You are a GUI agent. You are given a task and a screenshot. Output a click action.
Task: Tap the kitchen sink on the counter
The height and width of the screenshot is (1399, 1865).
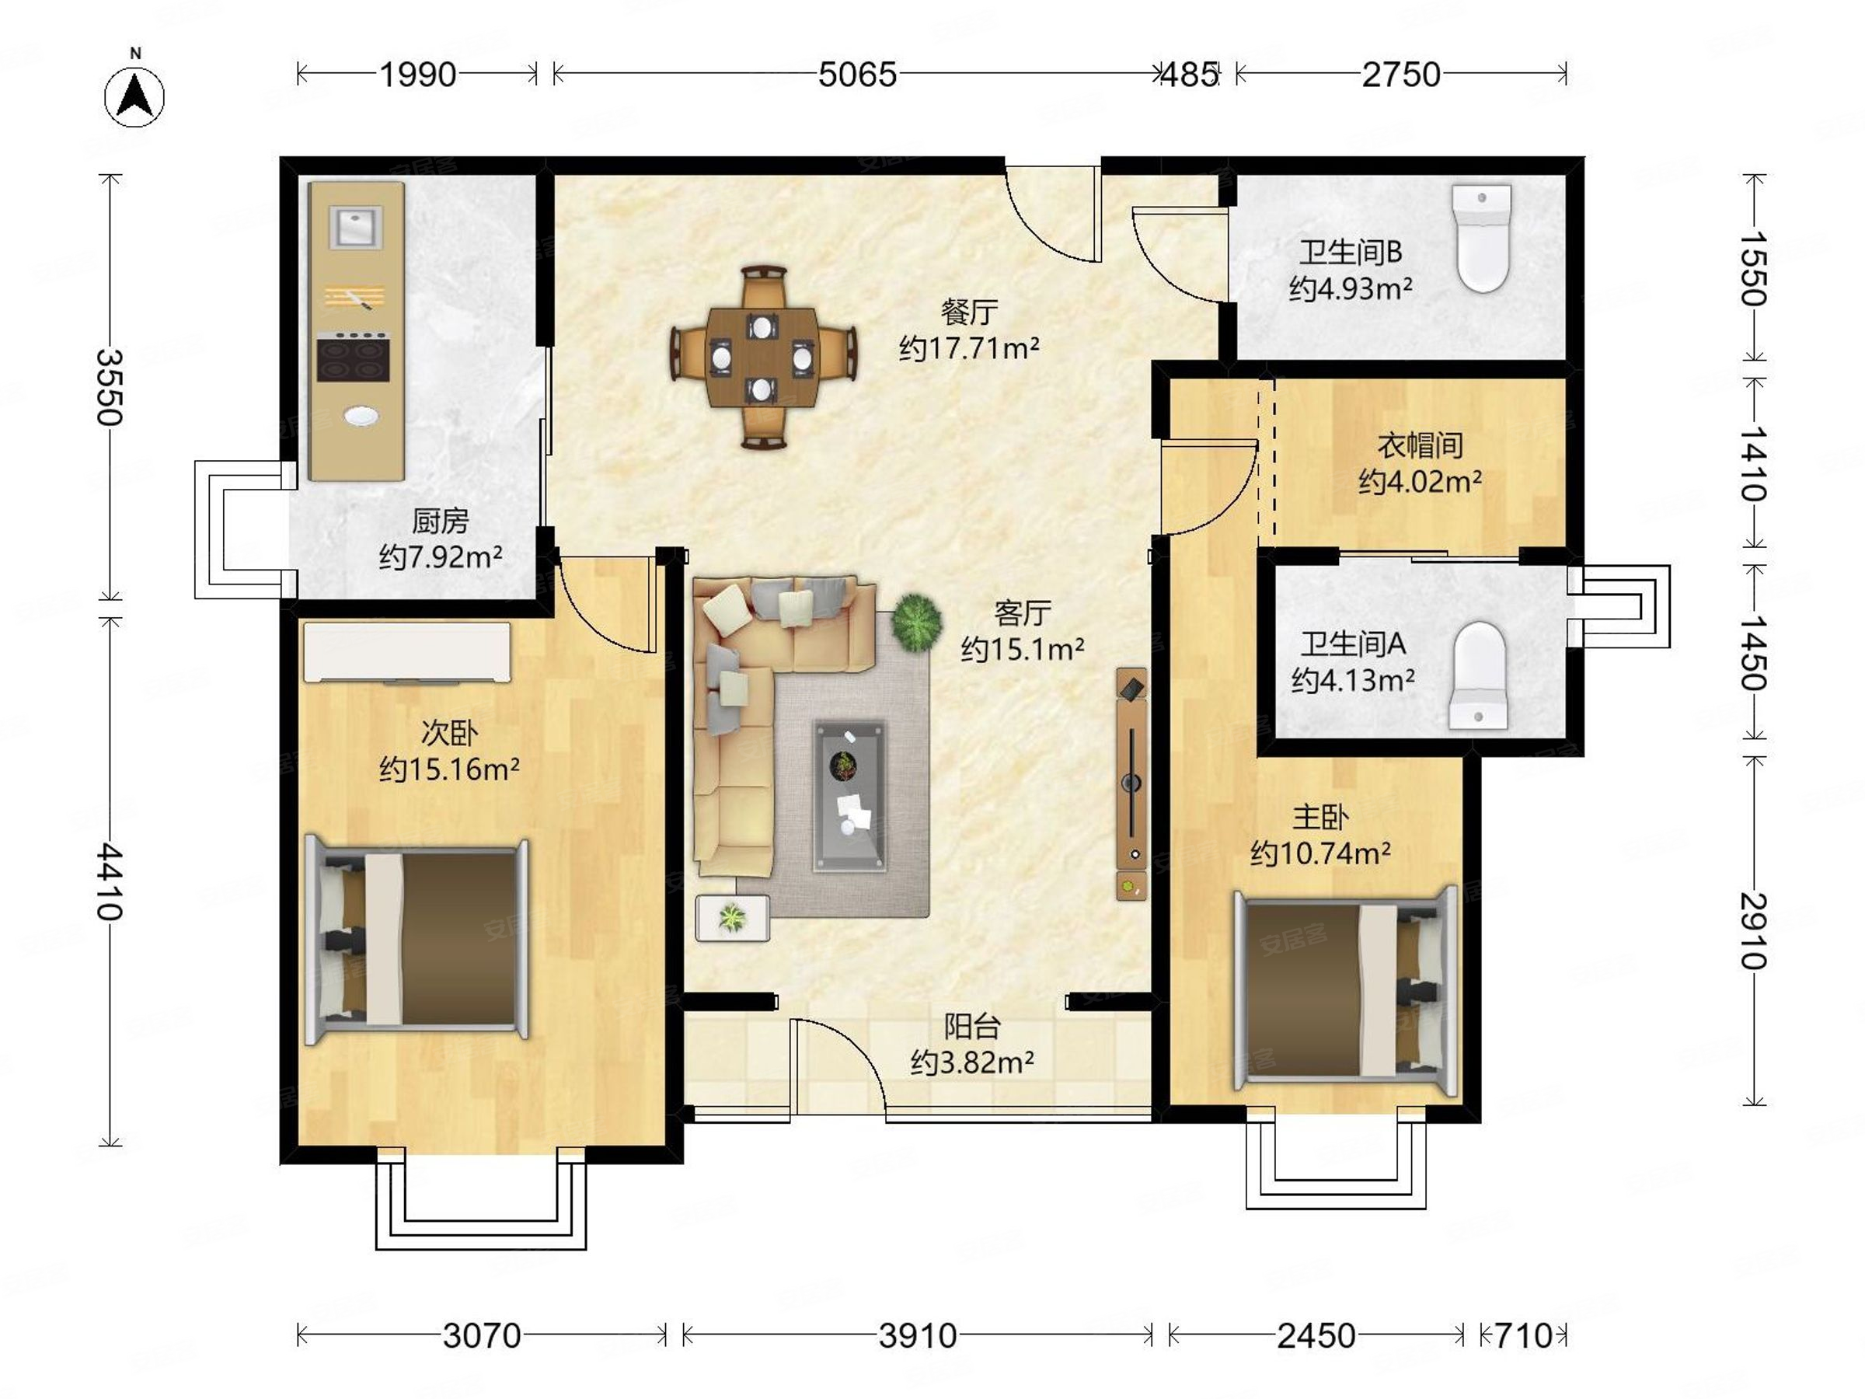coord(357,227)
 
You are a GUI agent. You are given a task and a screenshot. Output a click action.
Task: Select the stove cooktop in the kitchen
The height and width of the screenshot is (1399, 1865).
coord(354,358)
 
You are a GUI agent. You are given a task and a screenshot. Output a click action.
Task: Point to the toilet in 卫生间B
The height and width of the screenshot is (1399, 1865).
coord(1482,238)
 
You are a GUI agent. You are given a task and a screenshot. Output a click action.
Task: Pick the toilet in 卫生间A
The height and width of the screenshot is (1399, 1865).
coord(1479,675)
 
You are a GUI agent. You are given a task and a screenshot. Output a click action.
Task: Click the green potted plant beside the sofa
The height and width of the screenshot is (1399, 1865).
coord(916,623)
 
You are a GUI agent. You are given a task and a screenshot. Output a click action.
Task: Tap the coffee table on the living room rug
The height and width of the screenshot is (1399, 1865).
coord(849,795)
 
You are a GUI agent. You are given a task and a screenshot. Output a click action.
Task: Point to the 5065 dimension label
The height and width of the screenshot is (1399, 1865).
coord(856,75)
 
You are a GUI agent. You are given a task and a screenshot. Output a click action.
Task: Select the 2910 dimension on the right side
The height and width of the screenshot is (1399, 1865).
coord(1755,931)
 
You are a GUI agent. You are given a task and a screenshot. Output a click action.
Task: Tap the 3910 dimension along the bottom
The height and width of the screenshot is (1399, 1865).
coord(917,1336)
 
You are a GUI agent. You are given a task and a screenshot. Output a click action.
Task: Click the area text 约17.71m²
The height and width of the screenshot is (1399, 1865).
coord(969,347)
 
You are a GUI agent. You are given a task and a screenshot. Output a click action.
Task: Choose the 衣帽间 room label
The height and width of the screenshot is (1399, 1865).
coord(1420,445)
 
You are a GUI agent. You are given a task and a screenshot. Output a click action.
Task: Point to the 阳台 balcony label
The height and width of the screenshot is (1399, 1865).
coord(971,1026)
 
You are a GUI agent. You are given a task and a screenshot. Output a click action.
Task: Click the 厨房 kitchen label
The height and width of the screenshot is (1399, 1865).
coord(440,522)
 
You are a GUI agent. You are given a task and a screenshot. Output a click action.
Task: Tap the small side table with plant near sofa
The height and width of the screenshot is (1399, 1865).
coord(733,917)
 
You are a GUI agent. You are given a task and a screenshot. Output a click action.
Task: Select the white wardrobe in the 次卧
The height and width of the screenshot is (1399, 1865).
coord(407,652)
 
